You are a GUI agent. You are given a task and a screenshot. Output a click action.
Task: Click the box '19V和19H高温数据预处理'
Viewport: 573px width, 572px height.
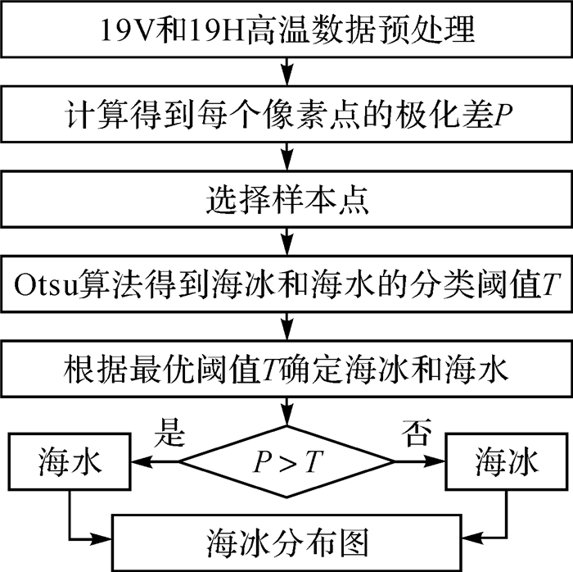point(286,31)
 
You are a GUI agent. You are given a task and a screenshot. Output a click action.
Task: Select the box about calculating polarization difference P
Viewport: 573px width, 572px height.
point(286,116)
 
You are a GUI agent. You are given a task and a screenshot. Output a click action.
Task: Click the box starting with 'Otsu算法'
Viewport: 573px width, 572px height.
point(286,284)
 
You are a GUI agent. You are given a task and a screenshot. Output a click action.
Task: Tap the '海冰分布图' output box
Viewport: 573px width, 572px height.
point(286,542)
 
